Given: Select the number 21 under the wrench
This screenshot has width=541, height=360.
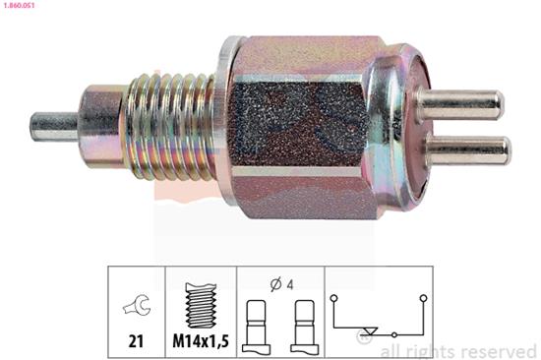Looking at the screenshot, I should [136, 340].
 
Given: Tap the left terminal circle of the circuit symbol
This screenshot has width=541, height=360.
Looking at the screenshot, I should [333, 297].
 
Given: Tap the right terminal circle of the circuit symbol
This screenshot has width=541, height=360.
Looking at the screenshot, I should [422, 297].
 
